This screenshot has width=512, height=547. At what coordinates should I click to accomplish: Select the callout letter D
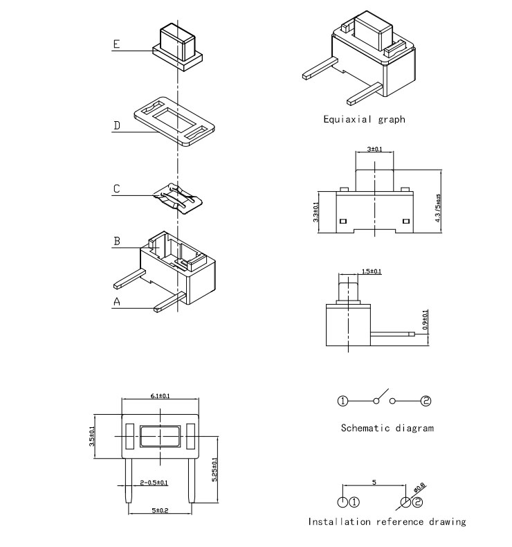(117, 125)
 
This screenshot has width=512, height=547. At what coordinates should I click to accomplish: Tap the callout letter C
(117, 188)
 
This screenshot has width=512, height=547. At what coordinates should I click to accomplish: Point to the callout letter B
(117, 241)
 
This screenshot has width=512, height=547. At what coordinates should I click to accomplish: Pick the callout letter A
(117, 301)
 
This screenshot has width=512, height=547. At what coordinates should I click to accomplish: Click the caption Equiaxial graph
(364, 119)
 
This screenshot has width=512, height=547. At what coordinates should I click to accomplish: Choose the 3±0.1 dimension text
(374, 149)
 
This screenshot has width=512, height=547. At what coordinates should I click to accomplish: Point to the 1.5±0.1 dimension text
(372, 271)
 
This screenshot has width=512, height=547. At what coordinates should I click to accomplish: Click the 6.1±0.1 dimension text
(161, 395)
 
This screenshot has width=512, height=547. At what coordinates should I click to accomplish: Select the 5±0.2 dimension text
(160, 510)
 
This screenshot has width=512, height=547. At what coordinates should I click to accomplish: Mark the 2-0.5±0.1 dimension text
(155, 482)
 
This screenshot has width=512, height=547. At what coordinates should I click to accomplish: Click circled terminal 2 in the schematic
(426, 401)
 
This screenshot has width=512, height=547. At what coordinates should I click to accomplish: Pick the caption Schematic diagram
(387, 428)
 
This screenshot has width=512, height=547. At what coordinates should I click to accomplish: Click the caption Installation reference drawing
(387, 521)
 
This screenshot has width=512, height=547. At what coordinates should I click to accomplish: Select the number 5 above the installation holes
(374, 481)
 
